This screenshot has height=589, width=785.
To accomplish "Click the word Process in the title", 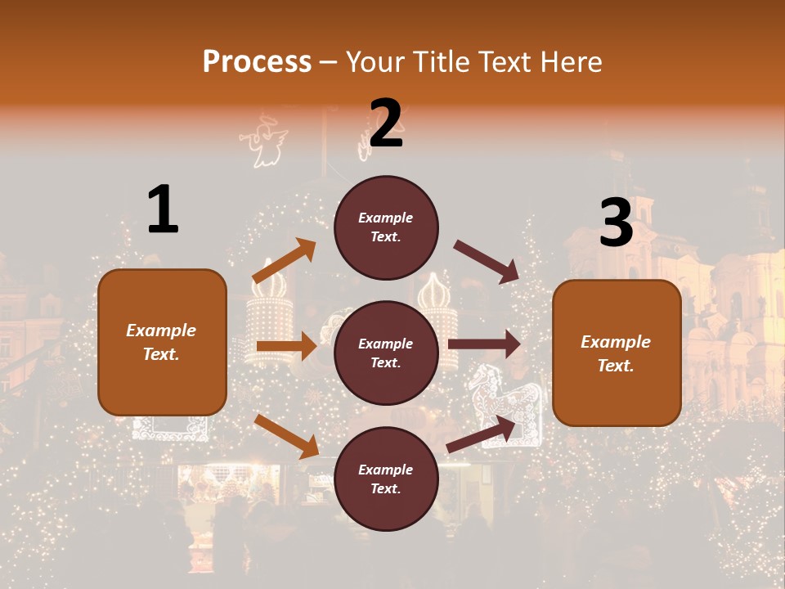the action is pos(257,61).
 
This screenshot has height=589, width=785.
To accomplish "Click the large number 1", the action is pos(163,210).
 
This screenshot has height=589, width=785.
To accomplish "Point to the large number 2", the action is pos(386,124).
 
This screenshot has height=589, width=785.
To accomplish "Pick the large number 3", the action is pos(616,223).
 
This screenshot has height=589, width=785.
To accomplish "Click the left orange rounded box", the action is pos(162,342).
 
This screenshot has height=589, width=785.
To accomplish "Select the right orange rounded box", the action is pos(617,353).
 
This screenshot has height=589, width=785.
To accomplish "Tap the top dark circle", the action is pos(386,227).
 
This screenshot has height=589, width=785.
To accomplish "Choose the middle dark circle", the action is pos(386,353).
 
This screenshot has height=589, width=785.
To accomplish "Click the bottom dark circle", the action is pos(386,479).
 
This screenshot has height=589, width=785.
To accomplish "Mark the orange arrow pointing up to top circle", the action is pos(285,261).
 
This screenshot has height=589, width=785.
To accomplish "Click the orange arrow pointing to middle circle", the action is pos(286,346).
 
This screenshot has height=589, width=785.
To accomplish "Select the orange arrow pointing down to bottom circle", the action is pos(286,436).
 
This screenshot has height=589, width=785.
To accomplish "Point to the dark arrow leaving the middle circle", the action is pos(485,344).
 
